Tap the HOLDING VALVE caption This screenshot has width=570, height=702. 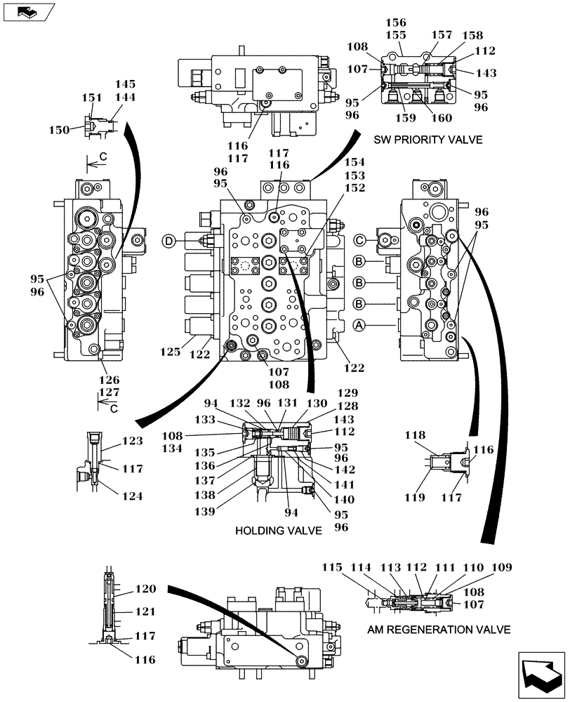(x=279, y=531)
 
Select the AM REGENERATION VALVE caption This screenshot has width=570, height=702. (x=439, y=630)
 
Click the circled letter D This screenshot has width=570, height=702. (x=169, y=241)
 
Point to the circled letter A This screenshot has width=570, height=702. (x=359, y=325)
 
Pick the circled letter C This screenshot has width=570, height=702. (x=359, y=241)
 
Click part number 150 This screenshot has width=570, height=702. (x=59, y=129)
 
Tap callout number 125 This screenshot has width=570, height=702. (x=171, y=348)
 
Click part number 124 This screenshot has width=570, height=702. (x=132, y=496)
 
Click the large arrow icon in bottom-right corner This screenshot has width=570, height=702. (x=541, y=674)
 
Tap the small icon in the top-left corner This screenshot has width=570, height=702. (x=26, y=11)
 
